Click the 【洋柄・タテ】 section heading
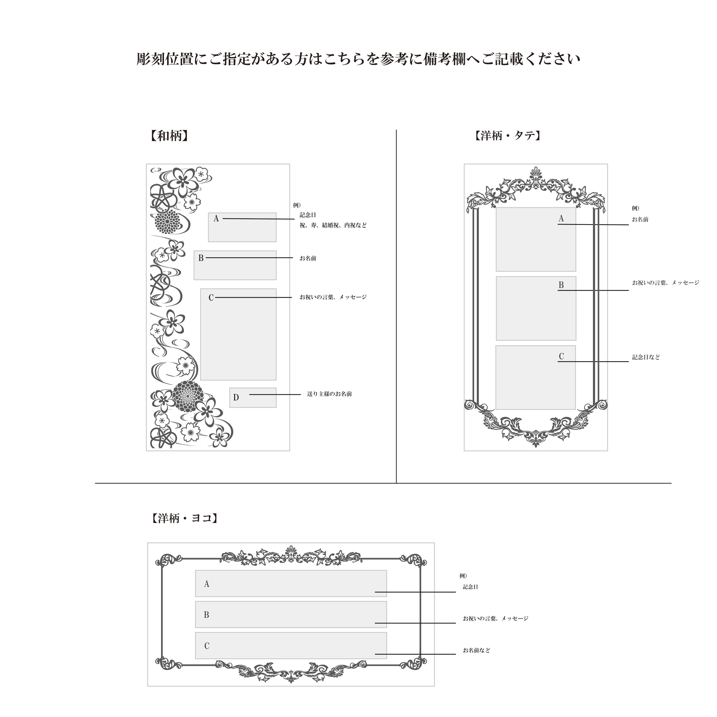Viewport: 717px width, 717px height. click(x=507, y=136)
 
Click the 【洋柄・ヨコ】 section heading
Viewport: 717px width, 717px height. click(x=184, y=518)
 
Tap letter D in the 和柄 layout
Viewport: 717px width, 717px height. click(x=236, y=397)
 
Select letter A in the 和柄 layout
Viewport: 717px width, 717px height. click(x=216, y=219)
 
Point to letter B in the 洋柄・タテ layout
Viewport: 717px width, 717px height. click(x=561, y=285)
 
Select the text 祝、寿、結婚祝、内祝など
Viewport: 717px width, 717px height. click(x=333, y=225)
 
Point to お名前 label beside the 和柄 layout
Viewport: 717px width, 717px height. click(x=308, y=258)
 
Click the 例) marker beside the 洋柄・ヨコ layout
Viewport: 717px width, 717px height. click(x=463, y=576)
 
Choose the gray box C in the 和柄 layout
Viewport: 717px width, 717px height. click(x=238, y=334)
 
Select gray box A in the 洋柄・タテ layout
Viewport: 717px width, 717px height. click(x=536, y=239)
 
